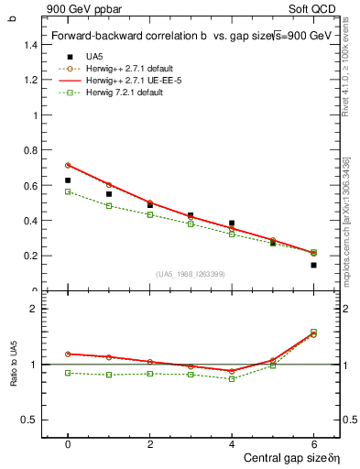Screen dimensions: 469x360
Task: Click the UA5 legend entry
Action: pyautogui.click(x=93, y=57)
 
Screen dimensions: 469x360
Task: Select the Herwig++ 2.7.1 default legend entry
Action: pyautogui.click(x=129, y=69)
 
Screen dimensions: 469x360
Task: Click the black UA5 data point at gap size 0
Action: pyautogui.click(x=68, y=180)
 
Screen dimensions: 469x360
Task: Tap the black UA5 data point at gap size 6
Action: pyautogui.click(x=313, y=265)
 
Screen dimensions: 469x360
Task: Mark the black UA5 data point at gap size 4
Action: pyautogui.click(x=232, y=223)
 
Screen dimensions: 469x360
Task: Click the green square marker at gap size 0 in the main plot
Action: pyautogui.click(x=68, y=191)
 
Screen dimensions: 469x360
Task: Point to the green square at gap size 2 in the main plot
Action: pyautogui.click(x=150, y=214)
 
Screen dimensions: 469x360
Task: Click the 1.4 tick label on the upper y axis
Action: pyautogui.click(x=30, y=44)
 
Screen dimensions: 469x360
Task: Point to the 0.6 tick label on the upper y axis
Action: pyautogui.click(x=30, y=185)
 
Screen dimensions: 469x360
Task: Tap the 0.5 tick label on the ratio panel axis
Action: pyautogui.click(x=30, y=420)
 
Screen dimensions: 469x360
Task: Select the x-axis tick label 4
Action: pyautogui.click(x=232, y=443)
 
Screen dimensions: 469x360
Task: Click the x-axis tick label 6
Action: pyautogui.click(x=313, y=443)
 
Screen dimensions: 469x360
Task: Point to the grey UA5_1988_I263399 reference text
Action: pyautogui.click(x=191, y=275)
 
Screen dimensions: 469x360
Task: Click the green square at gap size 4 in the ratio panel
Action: pyautogui.click(x=232, y=378)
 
